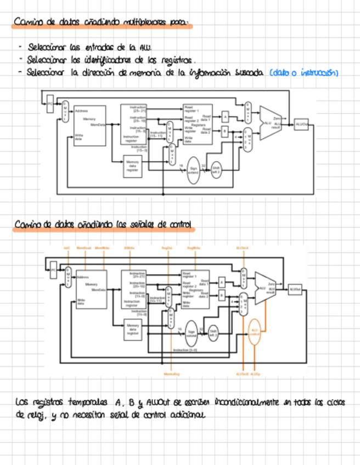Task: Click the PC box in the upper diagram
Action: click(50, 103)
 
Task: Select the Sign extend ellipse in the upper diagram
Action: click(193, 171)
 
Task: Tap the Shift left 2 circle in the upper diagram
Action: click(216, 169)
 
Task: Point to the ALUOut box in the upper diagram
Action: click(301, 125)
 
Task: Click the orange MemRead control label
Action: click(83, 248)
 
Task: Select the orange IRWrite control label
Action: click(130, 248)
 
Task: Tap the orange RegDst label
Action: click(167, 248)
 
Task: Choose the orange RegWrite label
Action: click(193, 248)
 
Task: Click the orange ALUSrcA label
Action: click(242, 248)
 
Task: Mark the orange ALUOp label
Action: click(255, 373)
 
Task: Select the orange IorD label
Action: click(67, 248)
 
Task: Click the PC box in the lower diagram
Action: click(53, 270)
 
